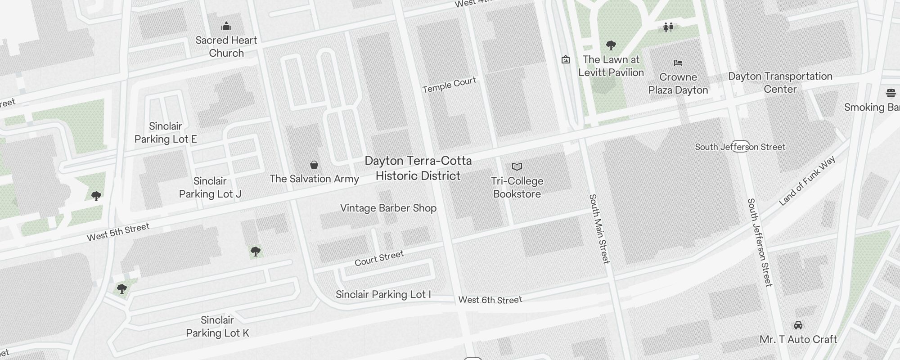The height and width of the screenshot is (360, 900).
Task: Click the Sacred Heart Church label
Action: pos(226,46)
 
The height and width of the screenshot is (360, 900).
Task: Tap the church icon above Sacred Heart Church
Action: pos(226,27)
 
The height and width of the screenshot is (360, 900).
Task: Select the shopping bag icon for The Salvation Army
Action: pos(314,165)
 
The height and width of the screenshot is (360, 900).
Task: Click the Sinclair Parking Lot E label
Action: pos(166,133)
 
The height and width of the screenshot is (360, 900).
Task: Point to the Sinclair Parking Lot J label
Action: pos(210,188)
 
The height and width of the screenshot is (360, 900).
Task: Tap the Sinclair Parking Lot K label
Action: pos(217,327)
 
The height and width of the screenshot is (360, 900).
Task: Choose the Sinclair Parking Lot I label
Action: pos(383,295)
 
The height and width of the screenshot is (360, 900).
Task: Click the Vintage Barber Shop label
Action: pos(388,208)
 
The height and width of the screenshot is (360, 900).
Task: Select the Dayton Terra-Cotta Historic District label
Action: pos(418,168)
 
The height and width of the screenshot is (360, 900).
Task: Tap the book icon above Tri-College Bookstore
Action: pos(517,167)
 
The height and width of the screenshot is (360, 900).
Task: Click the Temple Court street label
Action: pos(449,85)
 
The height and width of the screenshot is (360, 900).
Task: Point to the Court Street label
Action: pos(379,259)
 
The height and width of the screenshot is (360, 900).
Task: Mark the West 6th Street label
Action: pos(490,300)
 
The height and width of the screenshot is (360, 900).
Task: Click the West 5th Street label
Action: pos(118,232)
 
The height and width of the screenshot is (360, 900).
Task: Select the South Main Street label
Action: pos(599,229)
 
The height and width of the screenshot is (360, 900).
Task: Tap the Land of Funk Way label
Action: pos(807,181)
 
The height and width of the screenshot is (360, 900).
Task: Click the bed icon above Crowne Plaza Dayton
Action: pos(678,63)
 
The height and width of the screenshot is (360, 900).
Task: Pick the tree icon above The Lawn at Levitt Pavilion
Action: pos(611,45)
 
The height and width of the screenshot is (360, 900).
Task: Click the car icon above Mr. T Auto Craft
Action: pos(798,325)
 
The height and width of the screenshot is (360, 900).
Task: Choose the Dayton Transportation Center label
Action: pos(780,83)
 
